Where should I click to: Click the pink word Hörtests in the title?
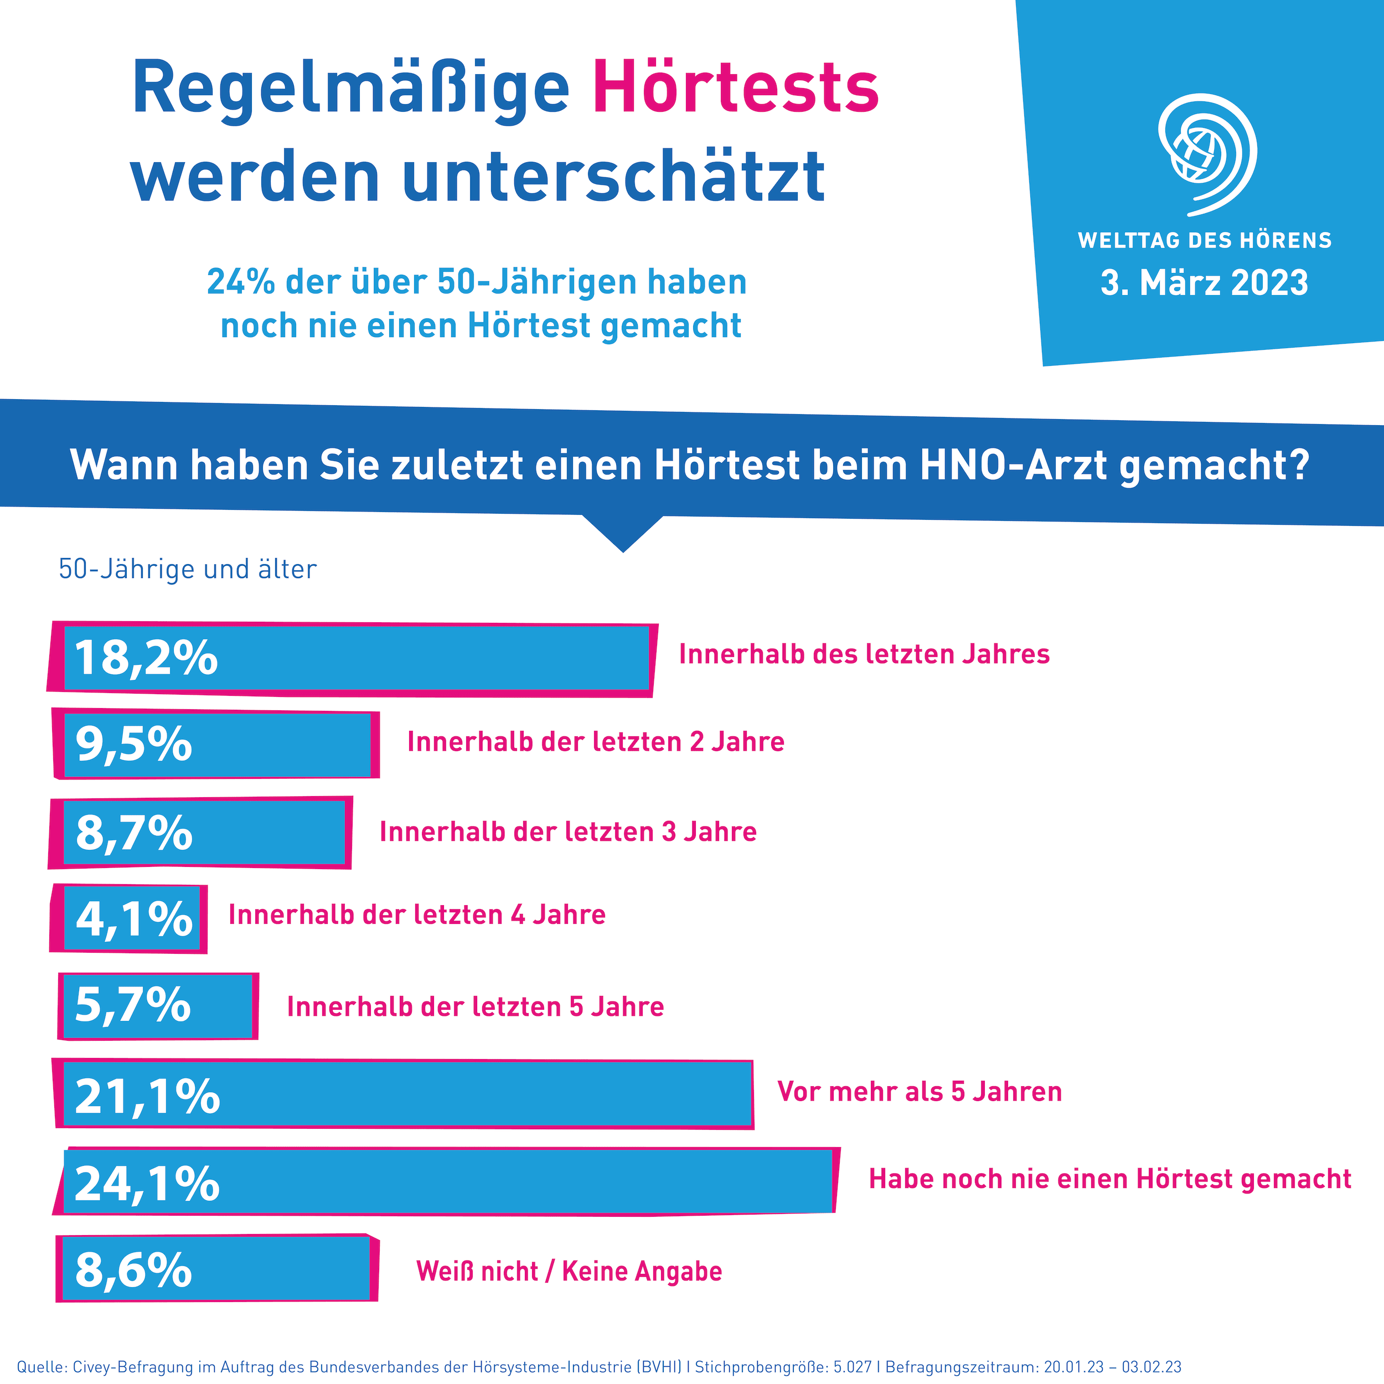(736, 90)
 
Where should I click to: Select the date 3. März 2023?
(1204, 283)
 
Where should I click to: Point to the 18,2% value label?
(146, 658)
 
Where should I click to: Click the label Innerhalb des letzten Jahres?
(864, 654)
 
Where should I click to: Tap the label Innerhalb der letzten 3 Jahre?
(568, 832)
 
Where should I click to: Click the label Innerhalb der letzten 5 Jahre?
(475, 1006)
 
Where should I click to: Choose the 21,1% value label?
(147, 1097)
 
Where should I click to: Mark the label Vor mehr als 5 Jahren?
(919, 1092)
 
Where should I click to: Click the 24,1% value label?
(147, 1184)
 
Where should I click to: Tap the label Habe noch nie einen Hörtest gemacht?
(1109, 1179)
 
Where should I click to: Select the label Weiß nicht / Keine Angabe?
(569, 1271)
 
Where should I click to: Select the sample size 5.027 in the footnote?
(853, 1367)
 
